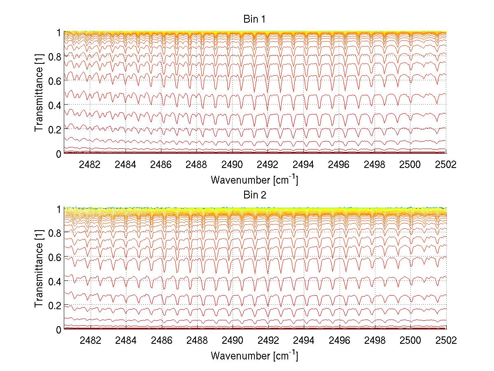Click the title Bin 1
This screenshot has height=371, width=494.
pyautogui.click(x=254, y=19)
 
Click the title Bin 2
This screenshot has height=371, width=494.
pyautogui.click(x=254, y=195)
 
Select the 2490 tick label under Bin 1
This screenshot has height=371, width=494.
pyautogui.click(x=232, y=164)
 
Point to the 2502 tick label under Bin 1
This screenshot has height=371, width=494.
pyautogui.click(x=445, y=164)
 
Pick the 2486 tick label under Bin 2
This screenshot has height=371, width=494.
pyautogui.click(x=161, y=340)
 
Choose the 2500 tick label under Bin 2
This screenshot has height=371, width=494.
pyautogui.click(x=410, y=340)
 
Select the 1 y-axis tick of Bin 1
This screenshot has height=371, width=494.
pyautogui.click(x=59, y=32)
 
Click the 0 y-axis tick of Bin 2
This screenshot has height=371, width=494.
pyautogui.click(x=59, y=329)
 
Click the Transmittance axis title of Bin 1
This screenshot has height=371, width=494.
pyautogui.click(x=39, y=93)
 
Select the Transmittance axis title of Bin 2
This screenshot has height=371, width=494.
pyautogui.click(x=39, y=269)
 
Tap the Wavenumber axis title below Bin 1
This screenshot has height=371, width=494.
pyautogui.click(x=254, y=180)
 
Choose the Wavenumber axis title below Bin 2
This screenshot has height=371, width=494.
pyautogui.click(x=254, y=355)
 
